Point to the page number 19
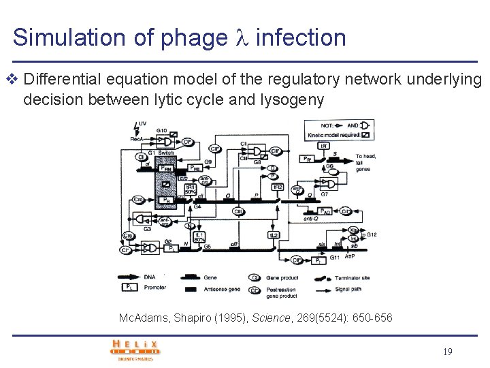pyautogui.click(x=447, y=352)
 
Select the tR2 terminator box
pyautogui.click(x=277, y=187)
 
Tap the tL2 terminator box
pyautogui.click(x=272, y=234)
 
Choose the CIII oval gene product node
pyautogui.click(x=238, y=212)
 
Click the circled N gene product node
pyautogui.click(x=191, y=226)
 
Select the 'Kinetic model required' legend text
pyautogui.click(x=331, y=135)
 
